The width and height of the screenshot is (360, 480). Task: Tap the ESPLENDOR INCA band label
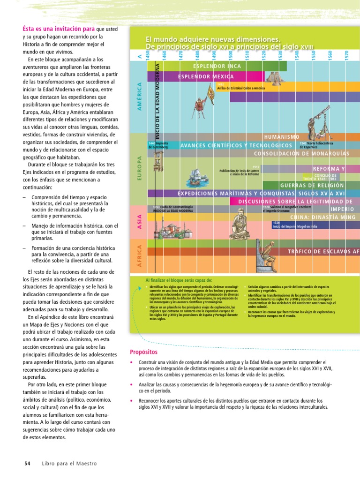[x=217, y=66]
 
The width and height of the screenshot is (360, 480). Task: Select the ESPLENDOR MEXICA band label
[x=206, y=76]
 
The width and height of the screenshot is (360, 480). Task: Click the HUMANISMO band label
[x=282, y=137]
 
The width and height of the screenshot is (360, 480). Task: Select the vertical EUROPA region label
[x=139, y=169]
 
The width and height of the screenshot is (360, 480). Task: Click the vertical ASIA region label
[x=139, y=221]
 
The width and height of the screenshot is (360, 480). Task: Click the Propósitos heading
[x=143, y=352]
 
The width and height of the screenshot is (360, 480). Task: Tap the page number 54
[x=27, y=463]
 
